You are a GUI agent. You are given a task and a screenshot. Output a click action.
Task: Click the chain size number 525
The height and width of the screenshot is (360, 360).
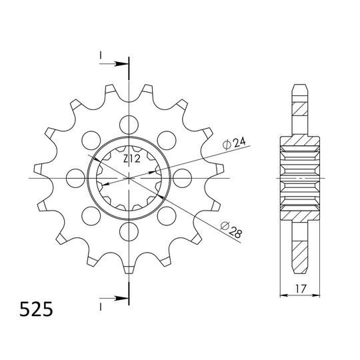pyautogui.click(x=36, y=309)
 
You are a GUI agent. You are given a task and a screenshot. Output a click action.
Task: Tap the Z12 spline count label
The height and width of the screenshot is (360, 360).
pyautogui.click(x=131, y=159)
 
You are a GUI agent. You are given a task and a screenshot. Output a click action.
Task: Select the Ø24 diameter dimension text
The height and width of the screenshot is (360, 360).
pyautogui.click(x=234, y=143)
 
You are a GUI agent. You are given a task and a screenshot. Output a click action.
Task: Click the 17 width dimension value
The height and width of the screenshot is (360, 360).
pyautogui.click(x=300, y=289)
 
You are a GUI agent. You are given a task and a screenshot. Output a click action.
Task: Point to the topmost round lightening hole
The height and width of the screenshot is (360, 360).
pyautogui.click(x=129, y=125)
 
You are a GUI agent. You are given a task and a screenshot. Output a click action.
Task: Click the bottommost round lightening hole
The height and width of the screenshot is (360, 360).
pyautogui.click(x=129, y=231)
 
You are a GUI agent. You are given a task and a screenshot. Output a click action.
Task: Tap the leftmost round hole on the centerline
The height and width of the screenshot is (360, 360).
pyautogui.click(x=75, y=178)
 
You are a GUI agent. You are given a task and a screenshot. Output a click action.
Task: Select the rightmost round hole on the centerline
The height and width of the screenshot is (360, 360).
pyautogui.click(x=182, y=178)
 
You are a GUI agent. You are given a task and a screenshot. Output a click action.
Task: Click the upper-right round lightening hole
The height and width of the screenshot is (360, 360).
pyautogui.click(x=167, y=140)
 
